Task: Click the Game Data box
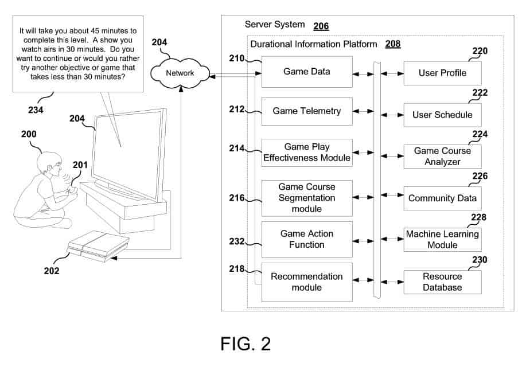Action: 307,72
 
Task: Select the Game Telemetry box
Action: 307,111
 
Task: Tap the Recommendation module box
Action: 307,282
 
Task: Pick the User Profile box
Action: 442,73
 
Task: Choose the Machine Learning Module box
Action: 442,240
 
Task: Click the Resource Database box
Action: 442,282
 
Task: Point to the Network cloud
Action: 180,73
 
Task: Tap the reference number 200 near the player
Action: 28,134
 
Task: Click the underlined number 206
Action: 321,26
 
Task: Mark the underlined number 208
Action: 393,44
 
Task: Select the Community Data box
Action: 442,198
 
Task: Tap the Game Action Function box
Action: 307,239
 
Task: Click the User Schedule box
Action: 442,115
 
